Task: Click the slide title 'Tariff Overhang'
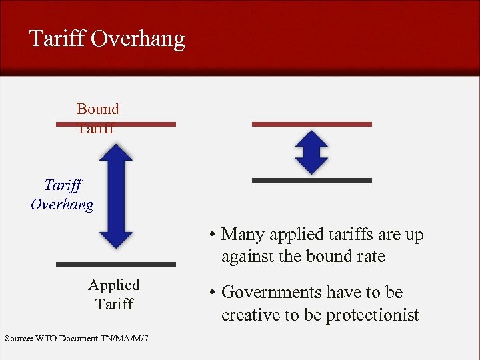click(x=107, y=39)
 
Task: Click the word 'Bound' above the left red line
click(x=97, y=109)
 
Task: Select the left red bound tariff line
click(x=116, y=124)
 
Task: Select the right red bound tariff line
click(x=311, y=124)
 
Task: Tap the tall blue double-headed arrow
click(x=116, y=196)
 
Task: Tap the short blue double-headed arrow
click(x=311, y=153)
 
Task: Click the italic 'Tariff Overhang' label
click(x=62, y=195)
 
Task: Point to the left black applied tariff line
click(x=116, y=264)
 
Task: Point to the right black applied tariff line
click(x=311, y=180)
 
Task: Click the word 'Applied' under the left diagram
click(x=114, y=285)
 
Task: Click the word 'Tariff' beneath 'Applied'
click(x=114, y=305)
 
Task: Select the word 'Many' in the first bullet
click(x=240, y=235)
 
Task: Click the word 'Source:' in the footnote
click(x=19, y=339)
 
